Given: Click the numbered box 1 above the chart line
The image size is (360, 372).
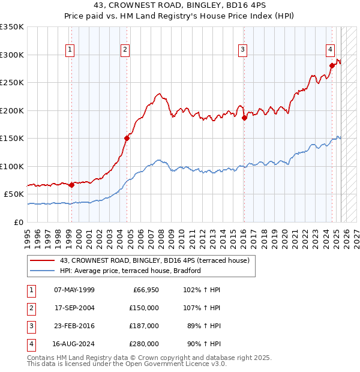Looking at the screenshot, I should click(71, 50).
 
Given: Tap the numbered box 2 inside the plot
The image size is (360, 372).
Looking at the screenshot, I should click(125, 50).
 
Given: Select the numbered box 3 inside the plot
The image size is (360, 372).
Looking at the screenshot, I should click(242, 50).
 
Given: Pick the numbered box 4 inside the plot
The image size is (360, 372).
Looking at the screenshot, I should click(331, 50).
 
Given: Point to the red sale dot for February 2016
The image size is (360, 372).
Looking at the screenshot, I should click(244, 118).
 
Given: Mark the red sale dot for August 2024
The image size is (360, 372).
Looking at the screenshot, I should click(332, 65).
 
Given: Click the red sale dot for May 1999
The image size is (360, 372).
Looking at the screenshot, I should click(71, 185).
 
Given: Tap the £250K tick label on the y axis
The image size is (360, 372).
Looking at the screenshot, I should click(12, 83).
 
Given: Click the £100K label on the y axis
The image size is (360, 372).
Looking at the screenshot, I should click(12, 166).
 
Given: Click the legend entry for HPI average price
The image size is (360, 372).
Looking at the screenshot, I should click(130, 271).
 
